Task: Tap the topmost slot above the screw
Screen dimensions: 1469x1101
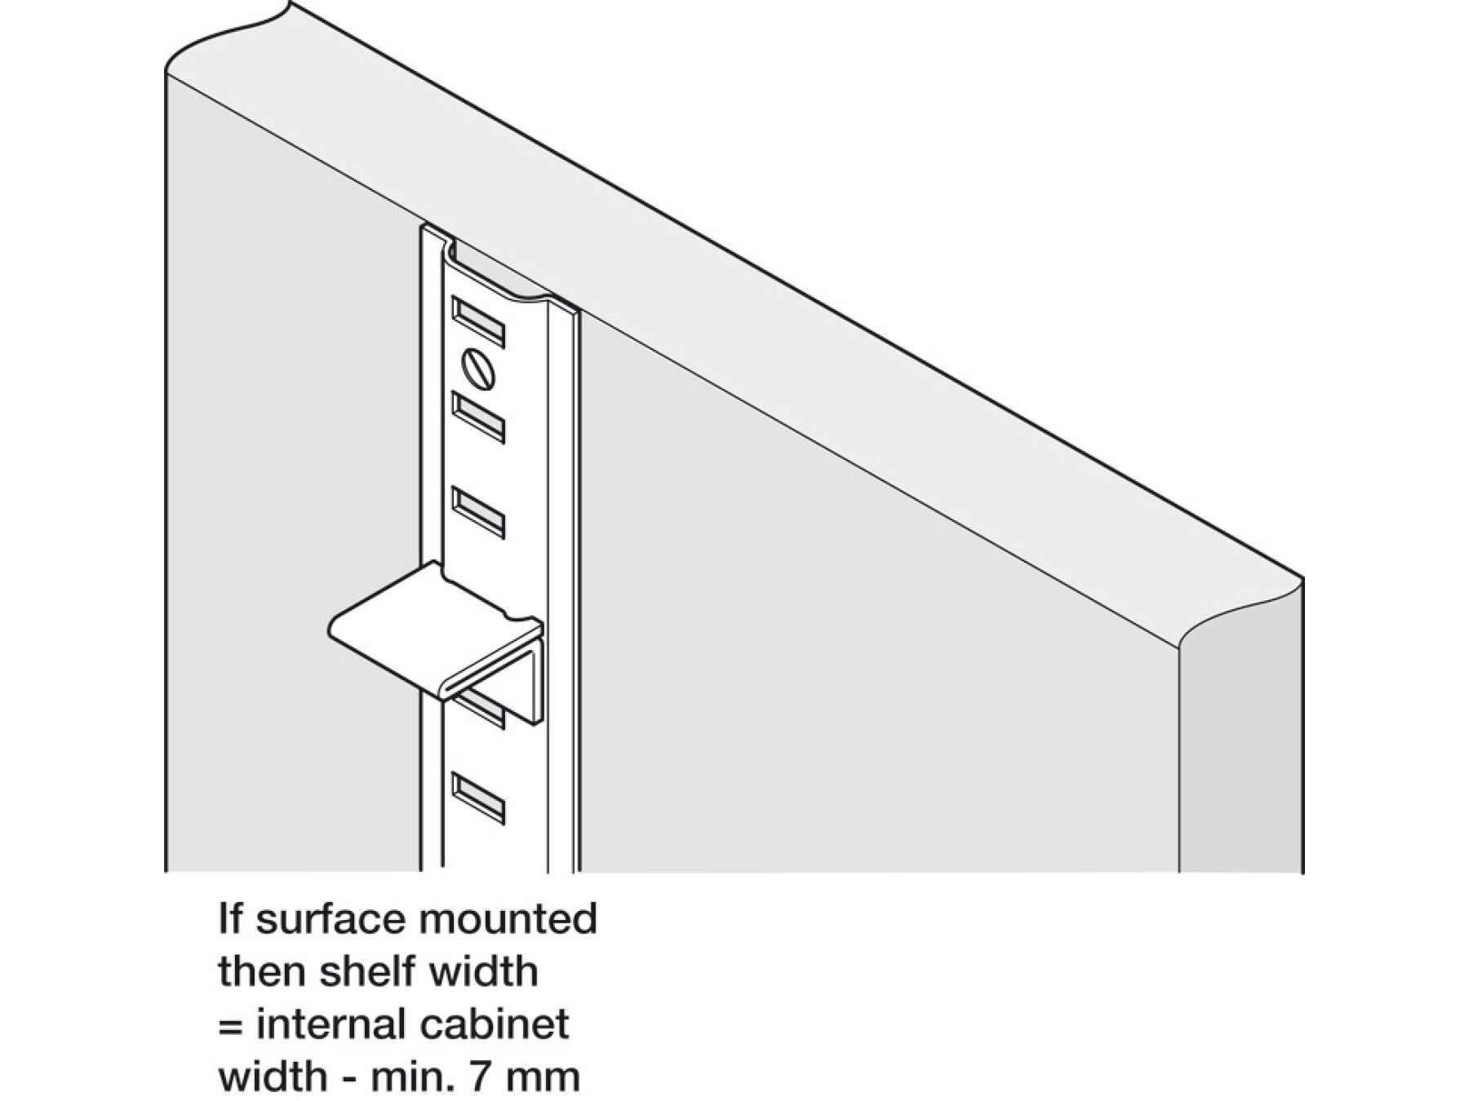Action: (x=478, y=321)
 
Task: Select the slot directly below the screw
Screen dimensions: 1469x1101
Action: (x=478, y=416)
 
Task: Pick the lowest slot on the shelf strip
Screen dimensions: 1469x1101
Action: (x=478, y=798)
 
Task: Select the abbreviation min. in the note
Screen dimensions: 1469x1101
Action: (x=413, y=1076)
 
